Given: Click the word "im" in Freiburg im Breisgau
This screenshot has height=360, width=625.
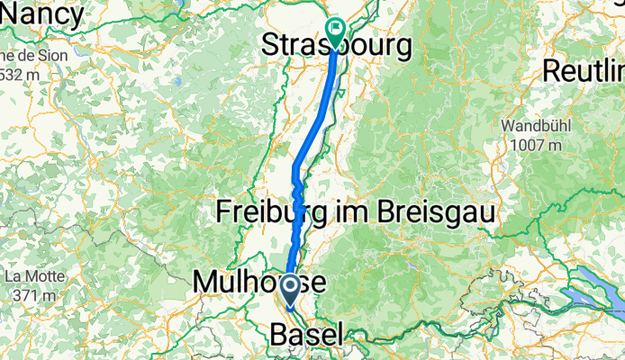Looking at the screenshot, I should point(354,213).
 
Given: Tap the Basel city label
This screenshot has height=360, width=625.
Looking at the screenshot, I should point(306,336).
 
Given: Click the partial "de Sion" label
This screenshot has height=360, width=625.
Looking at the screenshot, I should point(22,56).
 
